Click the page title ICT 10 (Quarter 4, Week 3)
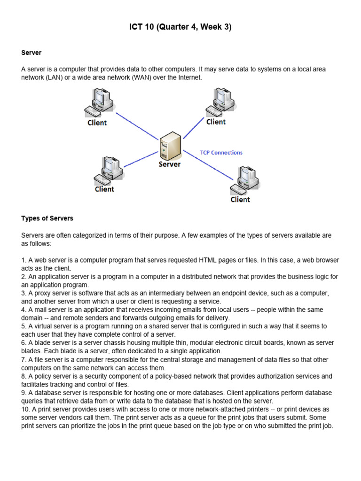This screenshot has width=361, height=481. pyautogui.click(x=180, y=27)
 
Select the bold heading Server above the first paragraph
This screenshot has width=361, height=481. pyautogui.click(x=31, y=53)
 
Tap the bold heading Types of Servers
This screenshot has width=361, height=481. pyautogui.click(x=47, y=218)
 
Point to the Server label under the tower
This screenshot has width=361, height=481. pyautogui.click(x=169, y=164)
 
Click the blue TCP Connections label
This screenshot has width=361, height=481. pyautogui.click(x=221, y=152)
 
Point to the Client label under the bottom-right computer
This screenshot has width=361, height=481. pyautogui.click(x=240, y=200)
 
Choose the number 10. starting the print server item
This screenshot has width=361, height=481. pyautogui.click(x=26, y=409)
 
